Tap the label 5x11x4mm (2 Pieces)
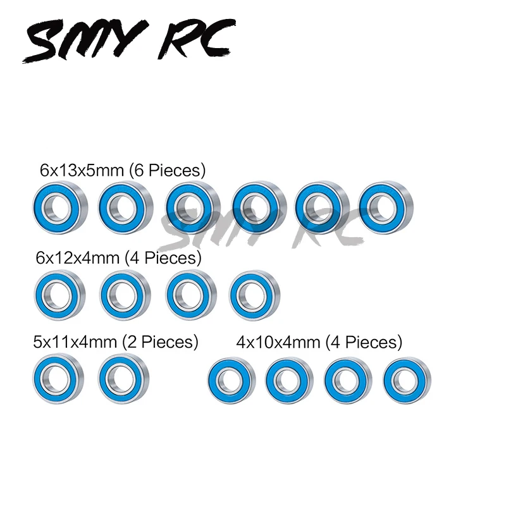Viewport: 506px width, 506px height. click(116, 342)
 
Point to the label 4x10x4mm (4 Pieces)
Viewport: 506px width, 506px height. click(319, 342)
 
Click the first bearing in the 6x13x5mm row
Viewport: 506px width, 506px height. click(58, 206)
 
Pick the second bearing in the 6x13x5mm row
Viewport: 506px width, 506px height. click(123, 206)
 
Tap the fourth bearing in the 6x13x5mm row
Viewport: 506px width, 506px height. click(255, 206)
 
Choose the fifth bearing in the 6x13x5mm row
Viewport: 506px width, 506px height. click(320, 206)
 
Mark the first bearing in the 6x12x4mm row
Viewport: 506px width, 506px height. click(59, 294)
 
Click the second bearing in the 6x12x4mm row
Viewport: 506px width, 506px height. click(123, 294)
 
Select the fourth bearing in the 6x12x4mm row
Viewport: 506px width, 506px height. click(253, 294)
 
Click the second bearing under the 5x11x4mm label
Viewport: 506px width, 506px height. click(122, 379)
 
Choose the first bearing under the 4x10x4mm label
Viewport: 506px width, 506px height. click(231, 381)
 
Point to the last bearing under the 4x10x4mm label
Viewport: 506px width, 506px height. click(406, 381)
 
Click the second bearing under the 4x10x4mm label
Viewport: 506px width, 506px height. click(289, 381)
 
